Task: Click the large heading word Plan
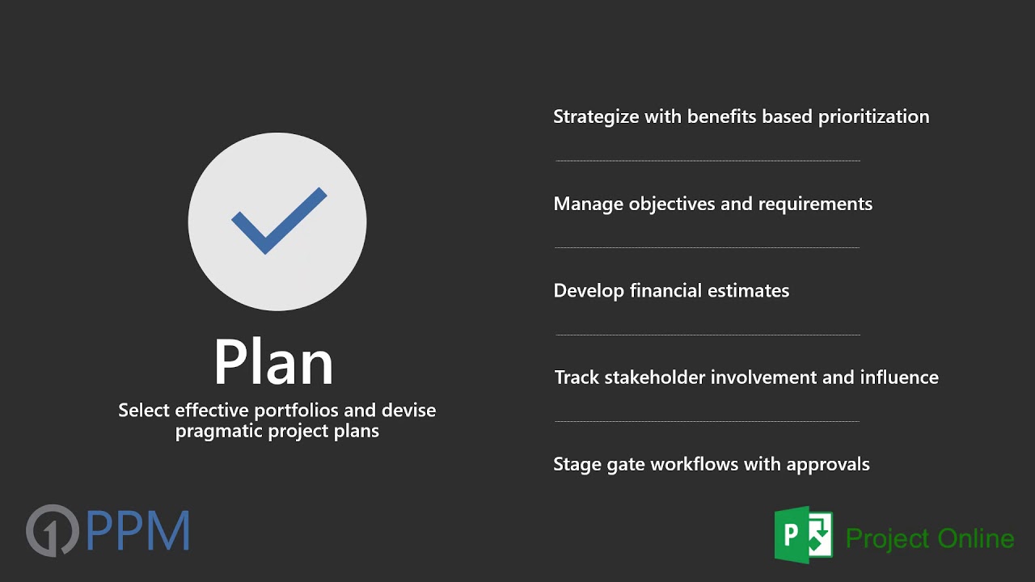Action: [273, 363]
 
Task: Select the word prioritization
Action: [873, 117]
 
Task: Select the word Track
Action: [577, 377]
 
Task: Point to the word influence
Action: [899, 377]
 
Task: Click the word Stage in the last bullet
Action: [577, 465]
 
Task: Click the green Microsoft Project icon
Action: [803, 534]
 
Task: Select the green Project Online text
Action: [929, 538]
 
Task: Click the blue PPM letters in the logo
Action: [137, 531]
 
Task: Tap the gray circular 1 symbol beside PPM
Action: [52, 530]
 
